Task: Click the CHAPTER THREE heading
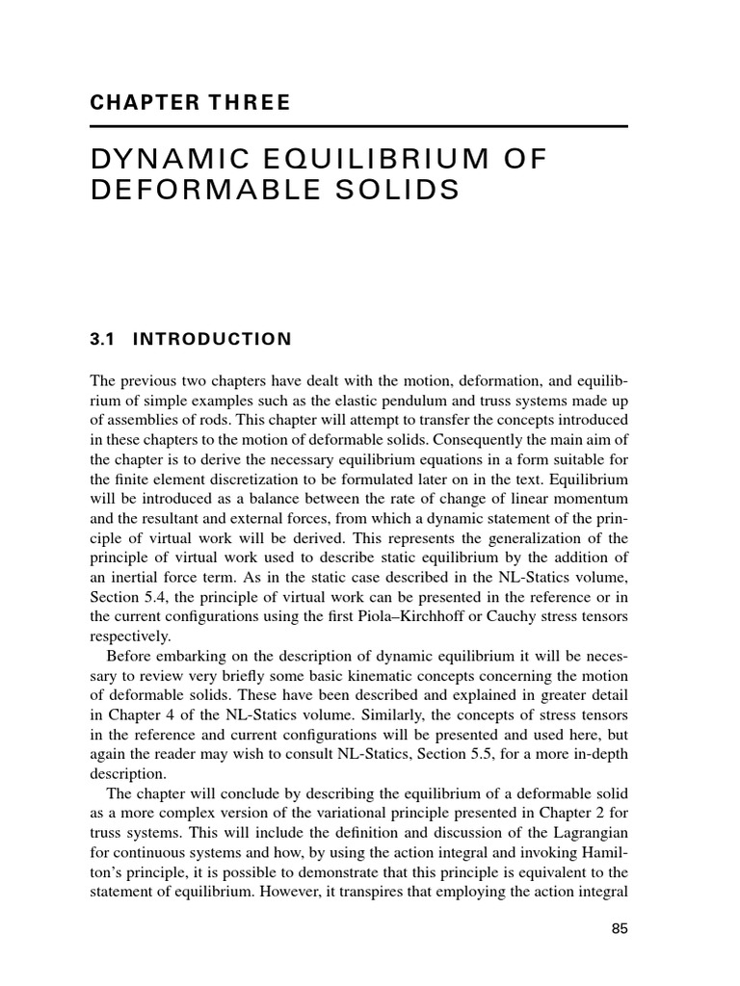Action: click(x=190, y=103)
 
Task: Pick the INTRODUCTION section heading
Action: click(x=211, y=339)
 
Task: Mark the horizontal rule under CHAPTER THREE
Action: click(x=359, y=126)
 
